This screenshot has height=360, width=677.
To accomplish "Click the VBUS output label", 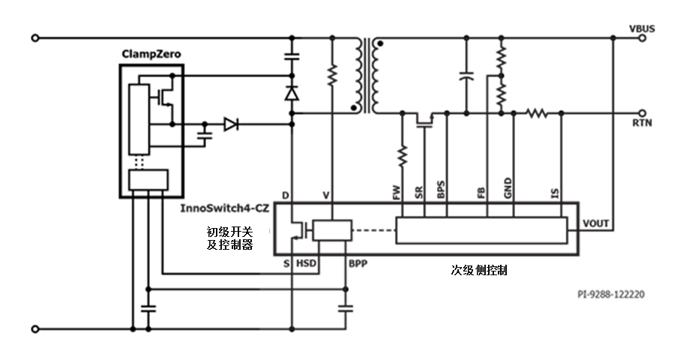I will (x=643, y=28).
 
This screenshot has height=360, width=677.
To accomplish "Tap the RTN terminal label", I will (x=643, y=123).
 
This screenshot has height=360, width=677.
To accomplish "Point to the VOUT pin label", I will (x=596, y=223).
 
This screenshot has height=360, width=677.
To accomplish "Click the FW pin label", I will (x=396, y=193).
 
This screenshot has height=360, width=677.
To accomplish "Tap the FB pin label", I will (x=481, y=193).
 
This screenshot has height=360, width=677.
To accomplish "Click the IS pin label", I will (x=554, y=193).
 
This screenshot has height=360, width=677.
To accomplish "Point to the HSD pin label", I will (x=306, y=264).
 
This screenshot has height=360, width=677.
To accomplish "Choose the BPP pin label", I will (x=358, y=264).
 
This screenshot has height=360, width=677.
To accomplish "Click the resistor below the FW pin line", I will (x=403, y=155).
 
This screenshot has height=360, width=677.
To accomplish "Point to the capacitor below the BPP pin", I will (x=346, y=307).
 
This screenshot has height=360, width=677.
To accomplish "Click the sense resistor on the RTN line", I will (x=537, y=112).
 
